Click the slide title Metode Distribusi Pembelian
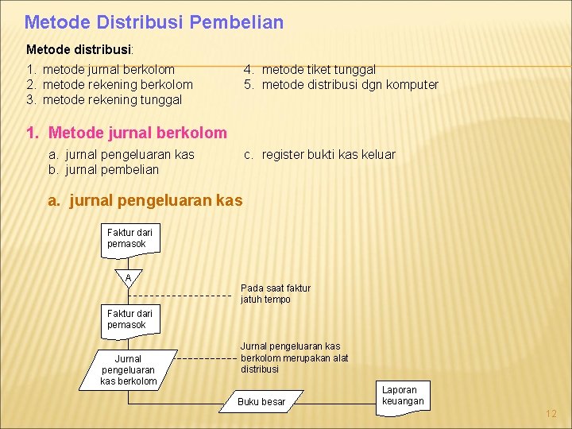pos(153,22)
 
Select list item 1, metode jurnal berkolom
pos(108,70)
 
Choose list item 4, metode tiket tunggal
pos(318,70)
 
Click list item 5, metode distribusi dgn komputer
pos(350,85)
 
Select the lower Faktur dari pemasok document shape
pos(130,319)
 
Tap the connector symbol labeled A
pos(129,278)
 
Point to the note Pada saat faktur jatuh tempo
pos(276,294)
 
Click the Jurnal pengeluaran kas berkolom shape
pos(128,370)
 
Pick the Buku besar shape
pos(261,402)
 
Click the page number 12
pos(551,414)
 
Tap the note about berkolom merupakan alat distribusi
pos(294,357)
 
